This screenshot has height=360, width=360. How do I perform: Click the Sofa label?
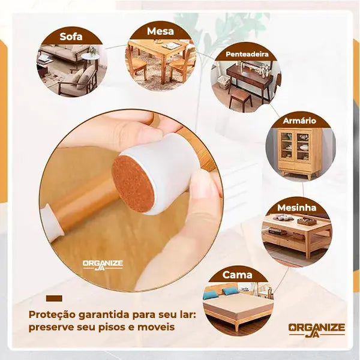click(x=71, y=37)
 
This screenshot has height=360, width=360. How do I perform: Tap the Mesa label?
click(x=160, y=31)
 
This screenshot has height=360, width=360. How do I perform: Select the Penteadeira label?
click(x=247, y=54)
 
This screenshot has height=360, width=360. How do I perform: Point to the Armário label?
click(x=299, y=121)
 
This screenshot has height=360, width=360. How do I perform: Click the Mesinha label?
click(x=296, y=208)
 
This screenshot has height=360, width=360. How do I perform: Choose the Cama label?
click(x=237, y=275)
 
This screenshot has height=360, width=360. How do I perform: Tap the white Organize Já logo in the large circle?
click(x=103, y=265)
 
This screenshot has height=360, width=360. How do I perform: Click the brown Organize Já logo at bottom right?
click(x=317, y=330)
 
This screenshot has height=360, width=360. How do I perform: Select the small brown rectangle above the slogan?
click(x=54, y=298)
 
